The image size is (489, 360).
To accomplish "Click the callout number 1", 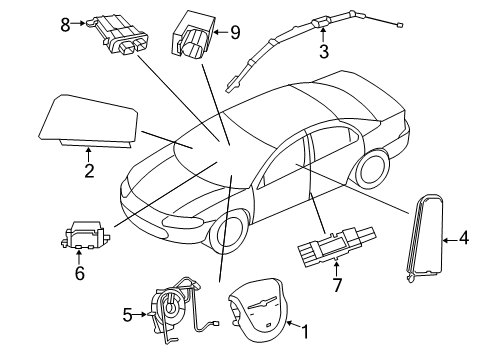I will click(x=305, y=328).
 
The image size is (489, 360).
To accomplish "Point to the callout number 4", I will click(x=464, y=238).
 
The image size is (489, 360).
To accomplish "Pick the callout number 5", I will click(x=128, y=315).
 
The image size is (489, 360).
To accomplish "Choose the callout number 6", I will click(x=79, y=272).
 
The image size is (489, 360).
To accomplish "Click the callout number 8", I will click(x=65, y=24).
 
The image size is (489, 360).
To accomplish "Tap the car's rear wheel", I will click(x=373, y=170).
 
